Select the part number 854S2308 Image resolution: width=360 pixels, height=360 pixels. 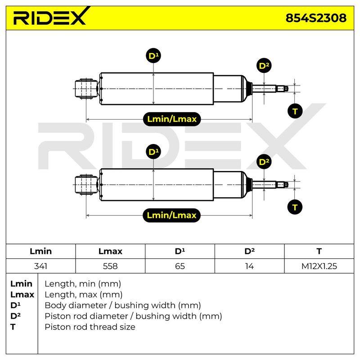click(316, 18)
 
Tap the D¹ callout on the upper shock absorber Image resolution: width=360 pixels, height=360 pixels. click(153, 56)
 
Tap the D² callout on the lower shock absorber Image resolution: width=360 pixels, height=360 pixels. click(264, 162)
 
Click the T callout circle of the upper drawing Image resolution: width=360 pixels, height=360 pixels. click(295, 111)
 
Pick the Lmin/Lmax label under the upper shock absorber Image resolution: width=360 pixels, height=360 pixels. click(172, 119)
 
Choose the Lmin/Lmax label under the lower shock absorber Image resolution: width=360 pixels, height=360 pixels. click(172, 216)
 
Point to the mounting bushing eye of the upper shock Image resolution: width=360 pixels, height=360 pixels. click(86, 89)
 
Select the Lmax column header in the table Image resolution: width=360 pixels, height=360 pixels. click(110, 251)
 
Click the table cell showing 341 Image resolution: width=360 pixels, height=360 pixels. click(40, 266)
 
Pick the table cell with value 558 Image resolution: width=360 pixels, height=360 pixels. click(110, 266)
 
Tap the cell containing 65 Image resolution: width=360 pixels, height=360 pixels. click(180, 266)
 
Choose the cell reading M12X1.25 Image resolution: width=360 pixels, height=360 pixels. click(319, 266)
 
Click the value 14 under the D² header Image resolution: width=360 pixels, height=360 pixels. click(249, 266)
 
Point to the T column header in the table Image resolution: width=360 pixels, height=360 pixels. click(319, 251)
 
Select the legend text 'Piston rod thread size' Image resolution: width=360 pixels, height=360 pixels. click(90, 327)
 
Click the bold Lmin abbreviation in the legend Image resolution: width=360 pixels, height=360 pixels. click(21, 284)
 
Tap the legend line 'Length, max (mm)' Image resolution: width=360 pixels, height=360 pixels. click(84, 295)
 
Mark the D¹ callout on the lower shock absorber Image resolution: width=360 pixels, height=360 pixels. click(153, 152)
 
